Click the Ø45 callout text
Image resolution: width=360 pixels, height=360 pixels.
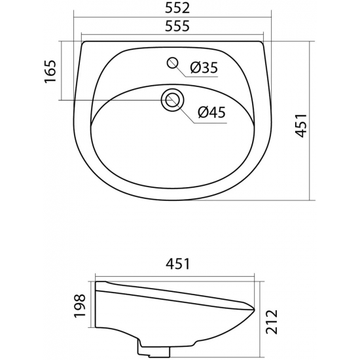210,113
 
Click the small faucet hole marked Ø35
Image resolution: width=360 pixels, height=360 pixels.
173,63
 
